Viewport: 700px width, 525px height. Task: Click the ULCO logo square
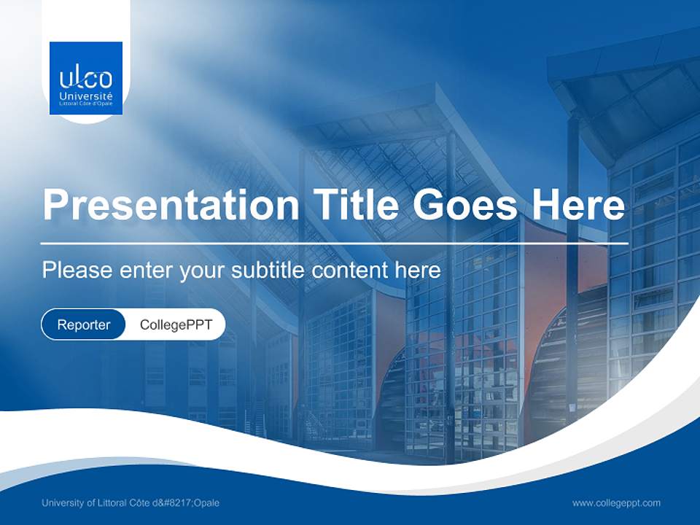(x=86, y=78)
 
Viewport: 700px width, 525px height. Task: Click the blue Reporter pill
(x=83, y=324)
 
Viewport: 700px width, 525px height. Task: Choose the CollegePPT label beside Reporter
(x=176, y=324)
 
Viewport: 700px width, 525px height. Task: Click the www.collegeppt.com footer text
(x=616, y=502)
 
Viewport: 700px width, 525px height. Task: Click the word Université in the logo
(x=86, y=96)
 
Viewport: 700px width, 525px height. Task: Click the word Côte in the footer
(x=151, y=502)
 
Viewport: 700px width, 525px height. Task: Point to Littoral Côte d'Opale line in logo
(x=86, y=104)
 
